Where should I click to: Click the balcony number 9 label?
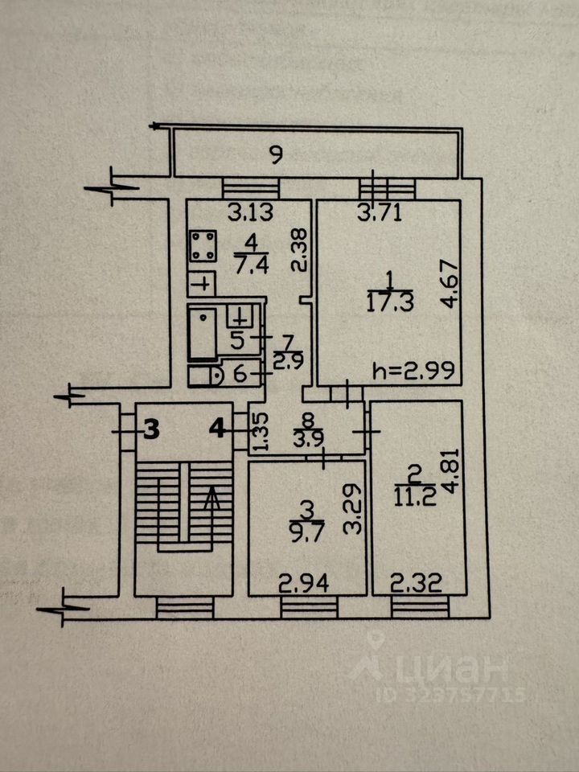pyautogui.click(x=276, y=156)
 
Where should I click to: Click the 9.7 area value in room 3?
pyautogui.click(x=304, y=531)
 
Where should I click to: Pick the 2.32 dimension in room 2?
pyautogui.click(x=415, y=581)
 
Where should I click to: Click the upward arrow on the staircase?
pyautogui.click(x=213, y=503)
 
